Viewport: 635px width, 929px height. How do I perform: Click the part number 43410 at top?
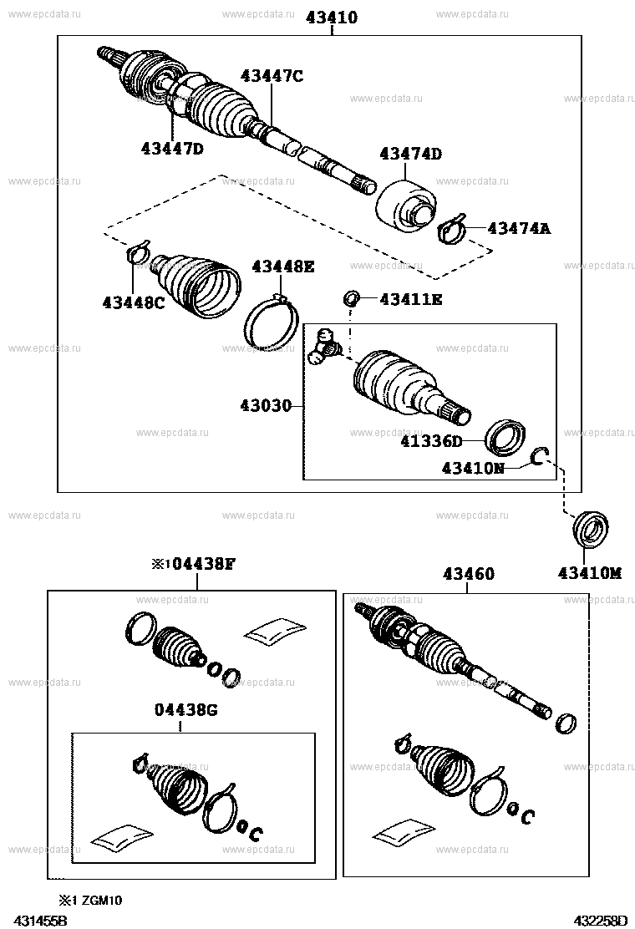(332, 17)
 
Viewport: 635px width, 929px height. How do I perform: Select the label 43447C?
(272, 76)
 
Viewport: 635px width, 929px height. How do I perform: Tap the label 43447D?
(173, 149)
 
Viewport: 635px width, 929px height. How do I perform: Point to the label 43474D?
(410, 154)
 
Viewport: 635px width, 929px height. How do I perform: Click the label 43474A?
(519, 227)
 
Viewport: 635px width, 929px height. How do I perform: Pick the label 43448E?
(283, 267)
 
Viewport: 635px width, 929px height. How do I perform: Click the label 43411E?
(411, 298)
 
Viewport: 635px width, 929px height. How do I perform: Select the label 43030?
(266, 406)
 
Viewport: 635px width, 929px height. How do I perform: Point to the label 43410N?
(473, 469)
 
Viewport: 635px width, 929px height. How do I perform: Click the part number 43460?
(468, 574)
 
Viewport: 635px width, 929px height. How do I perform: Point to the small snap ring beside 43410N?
(541, 456)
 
